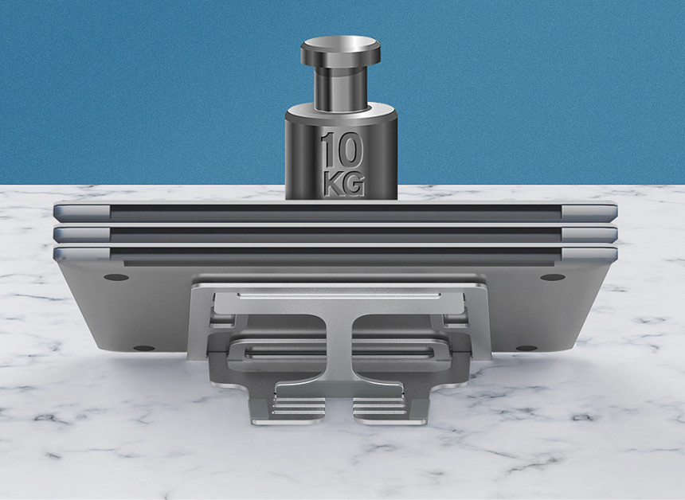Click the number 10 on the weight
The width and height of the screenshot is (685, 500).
point(342,150)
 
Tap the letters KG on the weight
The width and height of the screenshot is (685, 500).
point(344,185)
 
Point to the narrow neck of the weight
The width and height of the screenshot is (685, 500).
point(341,88)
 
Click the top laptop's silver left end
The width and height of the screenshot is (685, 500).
point(82,213)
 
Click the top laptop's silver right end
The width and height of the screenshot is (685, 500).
point(589,213)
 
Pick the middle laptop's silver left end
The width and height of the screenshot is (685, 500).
point(82,235)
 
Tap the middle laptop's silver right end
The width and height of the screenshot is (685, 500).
point(589,235)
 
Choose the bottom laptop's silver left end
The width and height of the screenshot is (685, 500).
point(82,255)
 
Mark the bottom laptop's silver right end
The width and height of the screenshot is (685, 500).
point(589,255)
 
